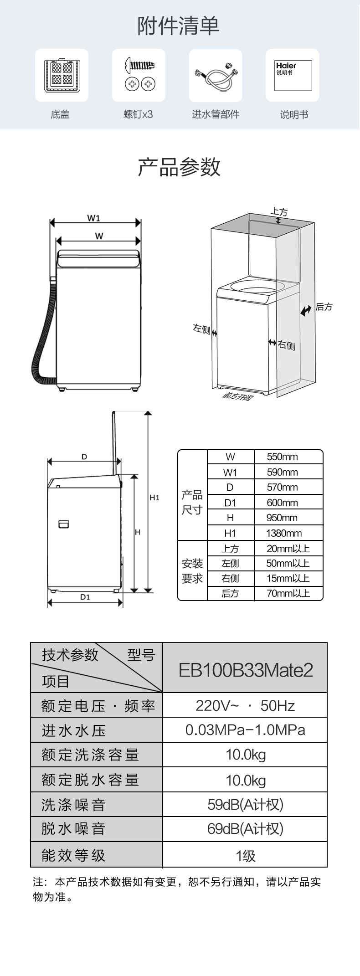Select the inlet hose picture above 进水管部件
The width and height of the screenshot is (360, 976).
[x=216, y=76]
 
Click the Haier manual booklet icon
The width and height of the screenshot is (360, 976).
[x=293, y=75]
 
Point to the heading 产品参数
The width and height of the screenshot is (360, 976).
[x=180, y=167]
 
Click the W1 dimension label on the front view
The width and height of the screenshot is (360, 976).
[x=93, y=218]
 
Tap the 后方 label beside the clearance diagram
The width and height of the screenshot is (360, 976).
[x=324, y=307]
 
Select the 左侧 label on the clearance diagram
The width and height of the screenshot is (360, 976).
[x=201, y=329]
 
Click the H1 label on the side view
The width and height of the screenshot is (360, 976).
[x=154, y=498]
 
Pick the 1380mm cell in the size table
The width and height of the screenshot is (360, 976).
[x=284, y=533]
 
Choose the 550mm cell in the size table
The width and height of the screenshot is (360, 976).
[x=283, y=457]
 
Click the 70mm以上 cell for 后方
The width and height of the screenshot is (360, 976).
[x=288, y=593]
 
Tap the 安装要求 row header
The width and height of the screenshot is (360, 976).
[x=192, y=571]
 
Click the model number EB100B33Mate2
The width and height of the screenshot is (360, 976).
[x=246, y=670]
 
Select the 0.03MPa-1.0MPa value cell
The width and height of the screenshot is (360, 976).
[x=245, y=730]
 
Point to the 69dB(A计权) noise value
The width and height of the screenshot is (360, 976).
[x=245, y=828]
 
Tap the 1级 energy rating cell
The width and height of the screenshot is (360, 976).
[x=246, y=855]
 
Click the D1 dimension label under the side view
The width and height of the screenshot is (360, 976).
[x=85, y=597]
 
